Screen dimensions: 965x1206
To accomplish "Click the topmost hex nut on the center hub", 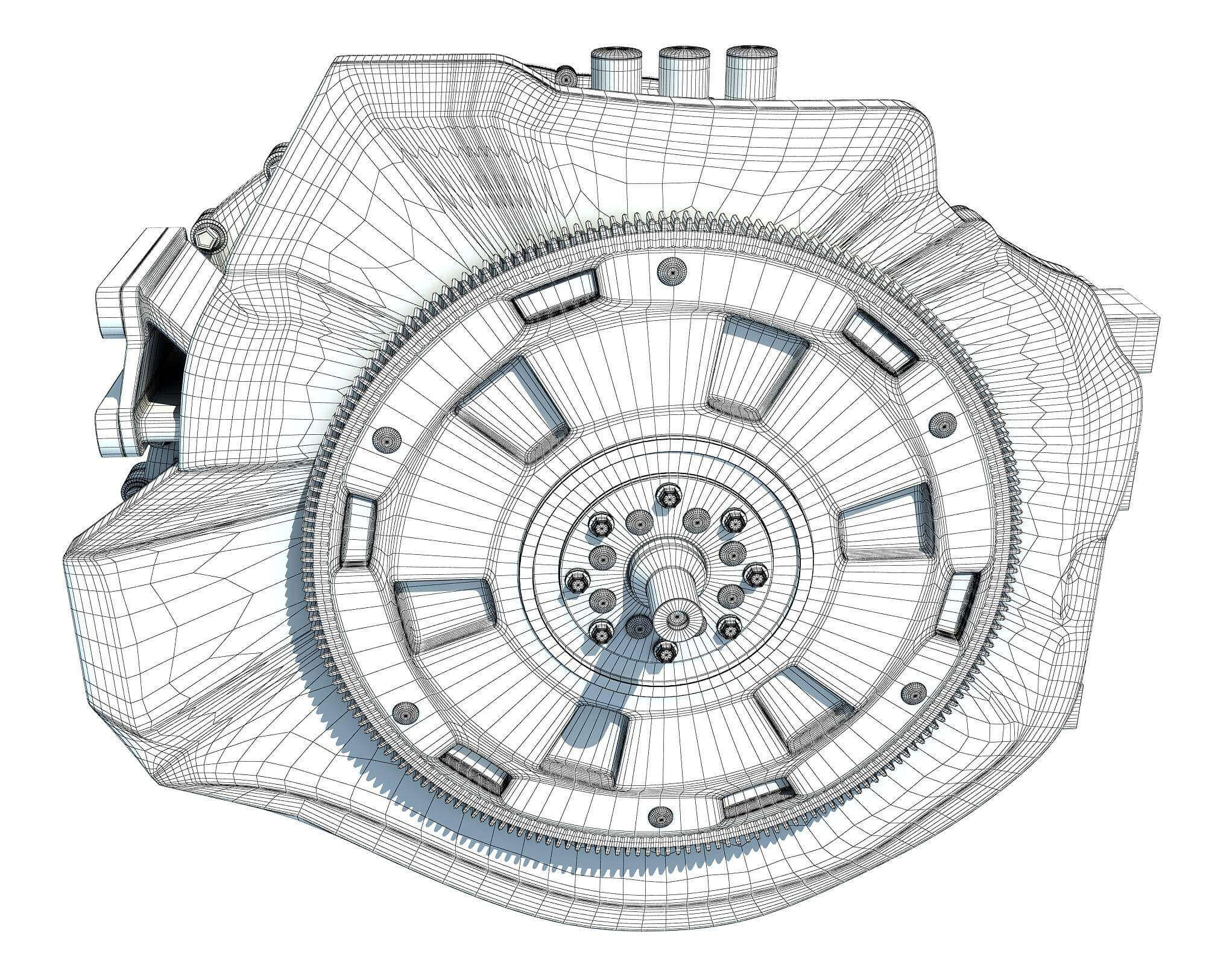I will (664, 494).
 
